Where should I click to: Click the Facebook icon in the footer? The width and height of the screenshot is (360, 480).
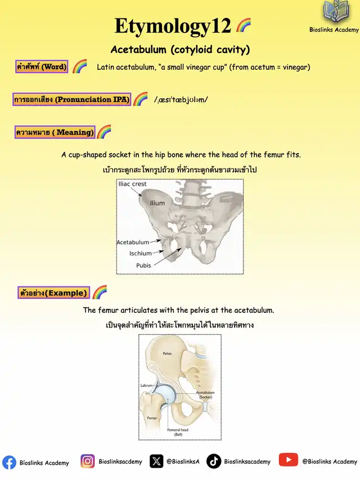(9, 462)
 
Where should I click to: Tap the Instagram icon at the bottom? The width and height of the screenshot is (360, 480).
(88, 461)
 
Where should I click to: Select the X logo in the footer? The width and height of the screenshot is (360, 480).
(156, 461)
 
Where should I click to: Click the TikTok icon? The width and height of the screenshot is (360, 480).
(214, 461)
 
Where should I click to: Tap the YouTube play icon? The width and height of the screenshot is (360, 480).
(288, 460)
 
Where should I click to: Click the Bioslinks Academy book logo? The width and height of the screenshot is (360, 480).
(334, 13)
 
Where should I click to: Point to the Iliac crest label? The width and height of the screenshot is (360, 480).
(132, 184)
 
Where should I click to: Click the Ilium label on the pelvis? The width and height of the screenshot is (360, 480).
(157, 203)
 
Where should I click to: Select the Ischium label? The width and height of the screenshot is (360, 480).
(141, 253)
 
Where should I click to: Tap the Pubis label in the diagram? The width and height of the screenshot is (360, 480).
(144, 265)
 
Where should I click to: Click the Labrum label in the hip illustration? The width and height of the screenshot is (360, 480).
(147, 385)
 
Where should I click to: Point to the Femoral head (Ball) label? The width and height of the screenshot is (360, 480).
(178, 432)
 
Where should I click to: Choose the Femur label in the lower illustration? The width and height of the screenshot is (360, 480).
(152, 419)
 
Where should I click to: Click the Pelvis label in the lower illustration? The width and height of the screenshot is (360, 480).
(167, 353)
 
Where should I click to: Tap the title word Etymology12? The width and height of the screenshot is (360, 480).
(173, 26)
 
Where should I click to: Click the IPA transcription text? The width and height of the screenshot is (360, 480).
(181, 100)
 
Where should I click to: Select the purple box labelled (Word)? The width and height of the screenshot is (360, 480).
(42, 67)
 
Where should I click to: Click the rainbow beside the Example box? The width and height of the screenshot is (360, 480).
(100, 292)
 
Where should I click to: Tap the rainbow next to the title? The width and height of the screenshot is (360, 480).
(244, 25)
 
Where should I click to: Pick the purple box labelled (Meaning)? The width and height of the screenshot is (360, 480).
(55, 132)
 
